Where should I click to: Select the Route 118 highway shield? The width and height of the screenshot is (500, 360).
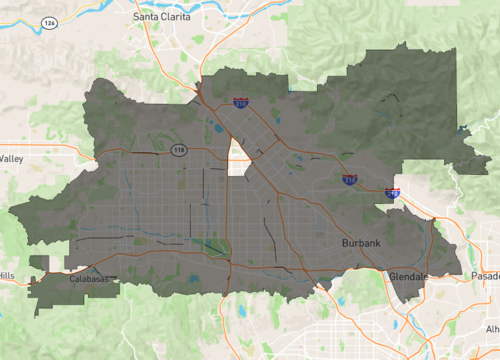click(178, 150)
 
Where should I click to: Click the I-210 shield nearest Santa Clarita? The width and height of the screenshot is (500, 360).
click(240, 102)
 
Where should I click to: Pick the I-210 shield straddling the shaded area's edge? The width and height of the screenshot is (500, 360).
click(392, 193)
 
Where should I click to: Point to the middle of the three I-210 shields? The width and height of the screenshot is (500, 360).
click(349, 179)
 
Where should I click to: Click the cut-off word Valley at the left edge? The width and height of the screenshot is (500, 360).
click(12, 159)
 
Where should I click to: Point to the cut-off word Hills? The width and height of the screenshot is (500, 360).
click(7, 275)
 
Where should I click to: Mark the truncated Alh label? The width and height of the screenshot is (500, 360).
click(492, 329)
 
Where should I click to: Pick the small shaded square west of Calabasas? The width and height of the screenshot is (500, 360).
click(39, 262)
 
